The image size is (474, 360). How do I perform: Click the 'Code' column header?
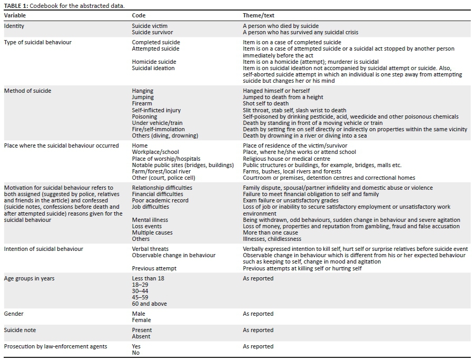click(x=139, y=15)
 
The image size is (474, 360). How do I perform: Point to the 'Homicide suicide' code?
click(x=153, y=62)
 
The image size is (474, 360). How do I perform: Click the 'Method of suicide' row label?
click(x=27, y=91)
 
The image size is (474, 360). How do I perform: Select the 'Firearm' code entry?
click(x=142, y=104)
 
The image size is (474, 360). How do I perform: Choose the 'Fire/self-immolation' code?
click(x=158, y=129)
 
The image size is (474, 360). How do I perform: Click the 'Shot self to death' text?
click(x=266, y=104)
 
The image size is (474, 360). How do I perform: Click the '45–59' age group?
click(x=140, y=297)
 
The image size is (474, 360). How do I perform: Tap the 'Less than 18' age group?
click(x=148, y=278)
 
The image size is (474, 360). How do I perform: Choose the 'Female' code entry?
click(x=141, y=320)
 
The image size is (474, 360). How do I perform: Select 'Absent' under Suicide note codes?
click(x=141, y=336)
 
